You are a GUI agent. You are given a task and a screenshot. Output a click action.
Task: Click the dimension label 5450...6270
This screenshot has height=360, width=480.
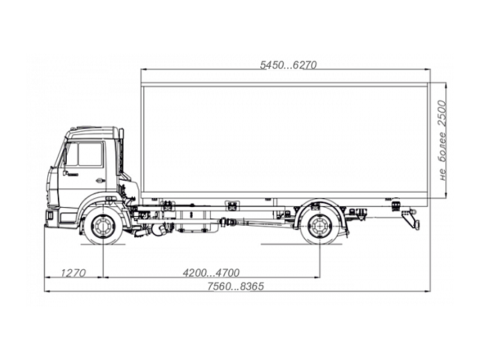tap(289, 65)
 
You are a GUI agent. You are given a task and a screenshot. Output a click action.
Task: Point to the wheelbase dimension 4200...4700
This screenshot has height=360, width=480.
tap(211, 272)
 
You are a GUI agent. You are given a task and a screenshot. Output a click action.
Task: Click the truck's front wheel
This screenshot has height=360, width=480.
tap(101, 226)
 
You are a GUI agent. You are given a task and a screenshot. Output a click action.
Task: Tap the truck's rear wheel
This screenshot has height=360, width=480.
tap(320, 226)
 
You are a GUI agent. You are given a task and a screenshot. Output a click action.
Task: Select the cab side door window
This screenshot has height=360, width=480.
tap(89, 154)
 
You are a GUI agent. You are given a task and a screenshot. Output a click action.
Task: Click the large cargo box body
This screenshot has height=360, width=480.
tap(285, 139)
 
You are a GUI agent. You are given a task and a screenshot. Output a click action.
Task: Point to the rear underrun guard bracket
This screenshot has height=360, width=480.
tap(409, 219)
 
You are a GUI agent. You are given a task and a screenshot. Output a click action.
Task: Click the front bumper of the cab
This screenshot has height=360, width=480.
tap(51, 217)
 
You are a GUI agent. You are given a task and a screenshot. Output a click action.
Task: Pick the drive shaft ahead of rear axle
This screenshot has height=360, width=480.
tap(259, 224)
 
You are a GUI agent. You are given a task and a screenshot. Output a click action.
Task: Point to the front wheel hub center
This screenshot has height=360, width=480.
tap(101, 226)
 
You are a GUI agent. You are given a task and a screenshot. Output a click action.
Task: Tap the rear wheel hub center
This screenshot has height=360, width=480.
tap(320, 226)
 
